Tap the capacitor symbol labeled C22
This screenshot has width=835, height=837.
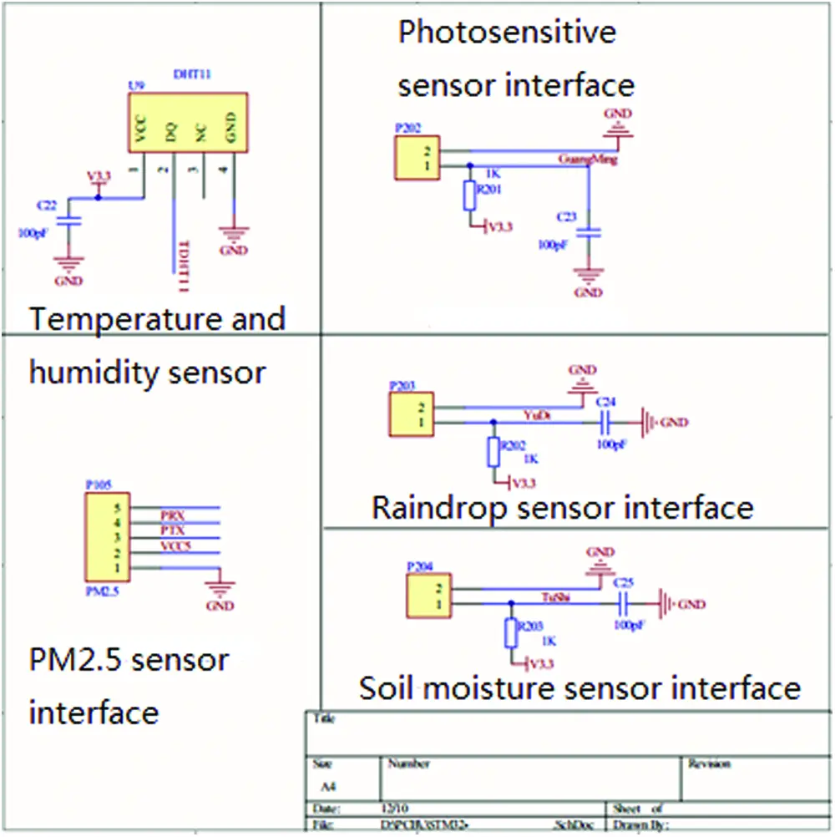click(x=70, y=222)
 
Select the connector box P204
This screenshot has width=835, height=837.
click(x=427, y=595)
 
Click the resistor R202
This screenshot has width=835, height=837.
click(x=493, y=452)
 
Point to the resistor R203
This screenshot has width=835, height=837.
click(x=510, y=633)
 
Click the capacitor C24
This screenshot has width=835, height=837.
click(x=606, y=423)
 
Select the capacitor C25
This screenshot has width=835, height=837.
click(x=623, y=603)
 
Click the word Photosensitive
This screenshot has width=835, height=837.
click(x=507, y=33)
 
